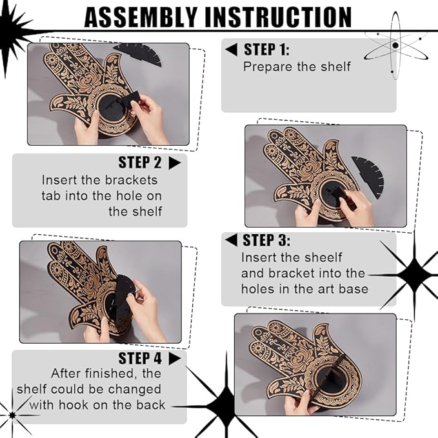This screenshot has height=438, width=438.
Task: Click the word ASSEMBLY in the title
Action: tap(141, 17)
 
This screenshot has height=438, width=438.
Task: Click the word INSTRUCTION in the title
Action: tap(278, 17)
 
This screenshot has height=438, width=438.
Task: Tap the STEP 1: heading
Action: tap(266, 50)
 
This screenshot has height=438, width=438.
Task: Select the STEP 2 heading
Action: tap(140, 163)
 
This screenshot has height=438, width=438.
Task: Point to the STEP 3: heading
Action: tap(266, 240)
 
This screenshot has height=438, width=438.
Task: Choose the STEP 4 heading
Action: tap(140, 359)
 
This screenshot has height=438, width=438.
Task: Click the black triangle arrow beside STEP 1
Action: tap(232, 50)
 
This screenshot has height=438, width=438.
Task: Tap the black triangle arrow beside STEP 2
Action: tap(175, 163)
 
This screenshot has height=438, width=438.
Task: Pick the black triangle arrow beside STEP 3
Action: tap(232, 240)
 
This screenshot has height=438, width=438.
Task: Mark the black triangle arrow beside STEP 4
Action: tap(175, 359)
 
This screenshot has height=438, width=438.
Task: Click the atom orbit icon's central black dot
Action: tap(395, 45)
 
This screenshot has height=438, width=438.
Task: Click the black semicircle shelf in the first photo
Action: tap(137, 55)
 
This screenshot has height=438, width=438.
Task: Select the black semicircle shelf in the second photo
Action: tap(368, 176)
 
